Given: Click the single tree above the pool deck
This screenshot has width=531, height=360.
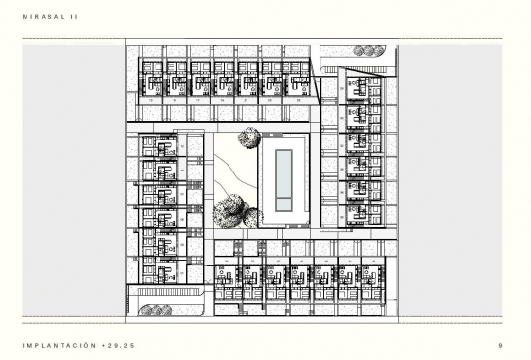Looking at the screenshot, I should point(249,137).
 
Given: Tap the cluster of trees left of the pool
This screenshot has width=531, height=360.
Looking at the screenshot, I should point(233,212).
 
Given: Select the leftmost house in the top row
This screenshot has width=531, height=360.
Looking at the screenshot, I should point(152,78).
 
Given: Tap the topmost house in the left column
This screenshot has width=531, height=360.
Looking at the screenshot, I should point(160,147).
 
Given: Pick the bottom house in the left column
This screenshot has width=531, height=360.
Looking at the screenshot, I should point(160,273).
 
